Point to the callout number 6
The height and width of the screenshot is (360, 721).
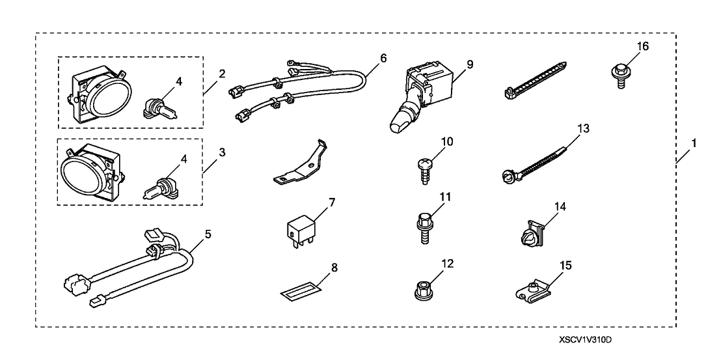[x=383, y=58]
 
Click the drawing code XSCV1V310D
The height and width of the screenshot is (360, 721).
[x=586, y=341]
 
